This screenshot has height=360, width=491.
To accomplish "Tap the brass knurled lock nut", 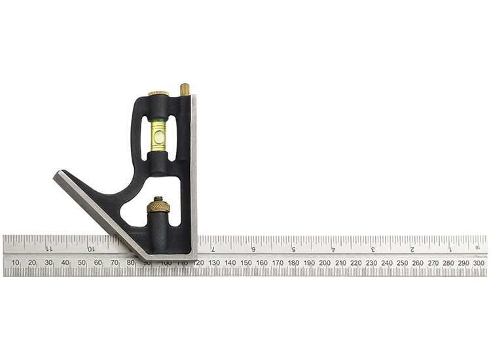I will point(158,206).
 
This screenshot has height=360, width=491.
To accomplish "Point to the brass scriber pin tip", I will point(185,88).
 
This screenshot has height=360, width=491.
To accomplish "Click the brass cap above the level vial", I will point(158,94).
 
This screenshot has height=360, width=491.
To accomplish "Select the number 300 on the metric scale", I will point(479,262).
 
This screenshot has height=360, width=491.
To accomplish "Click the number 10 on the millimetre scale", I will point(16,262).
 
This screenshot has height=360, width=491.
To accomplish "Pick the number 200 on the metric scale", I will point(325,262).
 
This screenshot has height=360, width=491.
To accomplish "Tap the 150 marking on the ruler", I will point(245,262).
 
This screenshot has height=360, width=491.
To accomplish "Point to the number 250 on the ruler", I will point(402,262).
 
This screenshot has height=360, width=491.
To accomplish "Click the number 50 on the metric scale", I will point(81,262).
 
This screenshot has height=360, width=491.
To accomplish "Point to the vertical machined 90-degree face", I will point(194,170).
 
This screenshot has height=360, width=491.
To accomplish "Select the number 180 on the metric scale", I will point(293,262).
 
